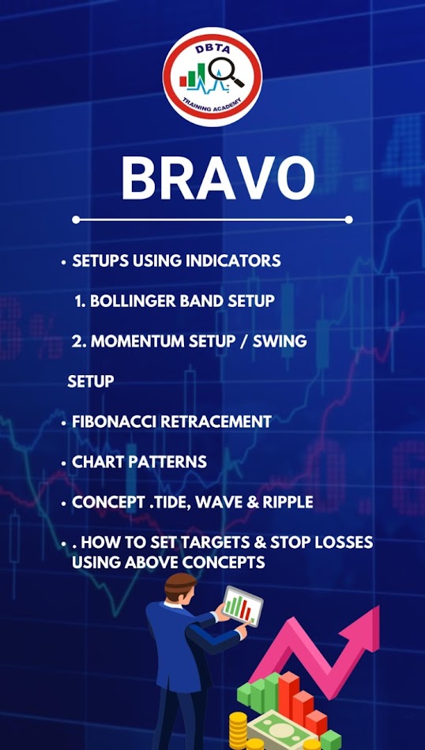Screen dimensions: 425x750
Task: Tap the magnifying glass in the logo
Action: tap(225, 72)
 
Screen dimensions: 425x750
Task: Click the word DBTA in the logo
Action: tap(212, 49)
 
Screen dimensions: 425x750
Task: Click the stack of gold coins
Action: tap(239, 730)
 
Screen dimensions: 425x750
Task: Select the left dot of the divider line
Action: tap(76, 219)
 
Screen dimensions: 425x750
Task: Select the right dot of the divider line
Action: tap(349, 219)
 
